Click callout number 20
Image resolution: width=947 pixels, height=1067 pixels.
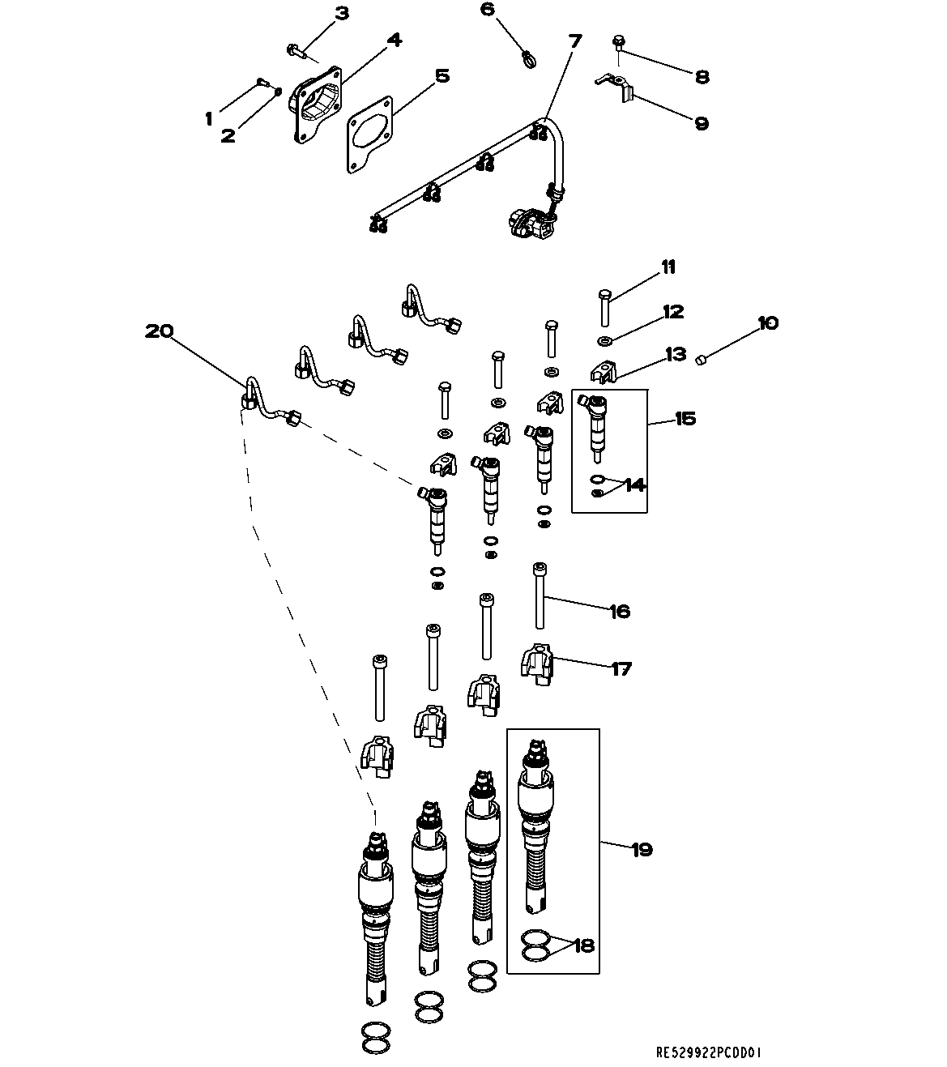(x=159, y=331)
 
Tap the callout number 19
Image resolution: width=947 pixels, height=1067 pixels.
(x=641, y=850)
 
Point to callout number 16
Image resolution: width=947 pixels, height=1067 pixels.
(x=619, y=611)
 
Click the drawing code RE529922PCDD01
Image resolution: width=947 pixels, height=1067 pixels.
(x=709, y=1052)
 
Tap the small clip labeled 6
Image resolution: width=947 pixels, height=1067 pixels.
(x=527, y=58)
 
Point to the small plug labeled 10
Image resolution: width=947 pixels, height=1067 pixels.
(x=703, y=356)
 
